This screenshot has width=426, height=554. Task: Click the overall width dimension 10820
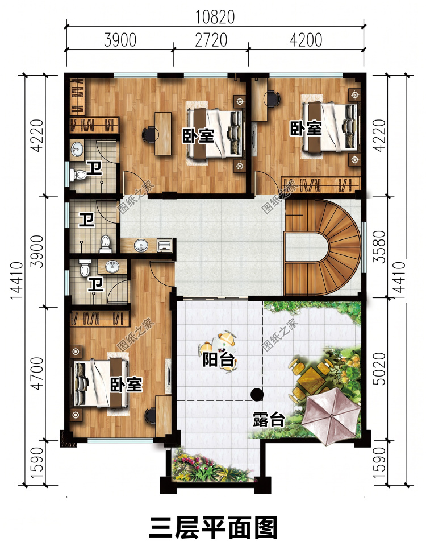pos(215,17)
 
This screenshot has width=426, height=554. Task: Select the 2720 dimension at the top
pos(211,40)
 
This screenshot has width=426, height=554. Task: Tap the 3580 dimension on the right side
pos(380,246)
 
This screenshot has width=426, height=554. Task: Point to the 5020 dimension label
pos(380,369)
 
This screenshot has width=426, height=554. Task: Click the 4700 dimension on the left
pos(37,374)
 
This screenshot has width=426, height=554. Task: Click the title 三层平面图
pos(213,528)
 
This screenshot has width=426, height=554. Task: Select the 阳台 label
pos(219,359)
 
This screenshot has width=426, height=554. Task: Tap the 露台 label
pos(269,419)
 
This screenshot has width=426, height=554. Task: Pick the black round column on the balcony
pos(257,394)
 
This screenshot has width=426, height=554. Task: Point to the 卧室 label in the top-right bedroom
pos(306,129)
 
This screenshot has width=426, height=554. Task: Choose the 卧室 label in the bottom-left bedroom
pos(126,384)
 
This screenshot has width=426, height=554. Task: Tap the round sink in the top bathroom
pos(77,149)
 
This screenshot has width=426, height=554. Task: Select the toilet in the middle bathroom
pos(106,243)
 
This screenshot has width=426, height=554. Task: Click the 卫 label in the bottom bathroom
pos(95,284)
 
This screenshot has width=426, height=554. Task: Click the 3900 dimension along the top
pos(120,40)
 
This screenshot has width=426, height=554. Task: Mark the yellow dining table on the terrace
pos(311,379)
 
